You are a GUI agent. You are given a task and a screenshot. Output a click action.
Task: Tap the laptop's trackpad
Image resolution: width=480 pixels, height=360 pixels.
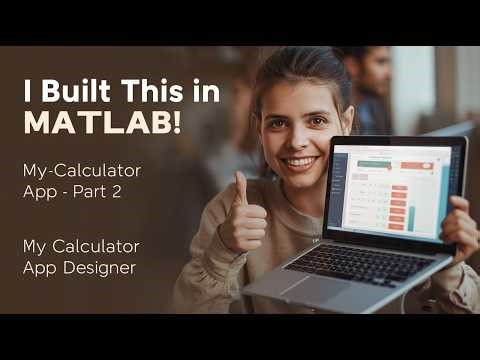pyautogui.click(x=318, y=289)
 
